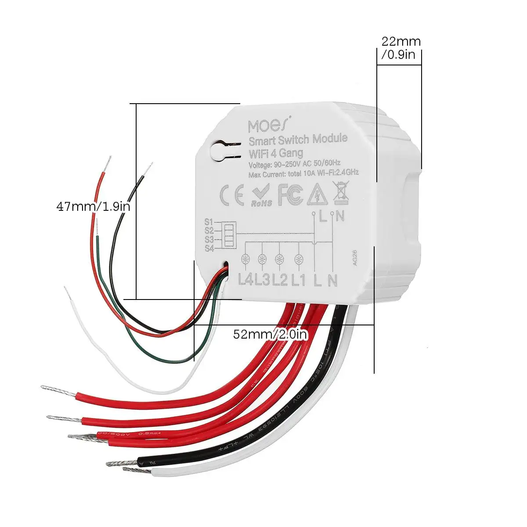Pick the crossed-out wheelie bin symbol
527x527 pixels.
click(340, 194)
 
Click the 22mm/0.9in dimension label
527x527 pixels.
click(401, 47)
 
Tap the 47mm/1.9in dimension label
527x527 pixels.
click(93, 206)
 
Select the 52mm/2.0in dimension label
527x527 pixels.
click(271, 335)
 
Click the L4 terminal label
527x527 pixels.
click(246, 279)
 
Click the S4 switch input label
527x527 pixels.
click(209, 249)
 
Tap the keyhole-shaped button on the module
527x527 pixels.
click(220, 151)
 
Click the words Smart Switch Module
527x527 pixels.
click(298, 140)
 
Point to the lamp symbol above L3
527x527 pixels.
click(262, 259)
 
